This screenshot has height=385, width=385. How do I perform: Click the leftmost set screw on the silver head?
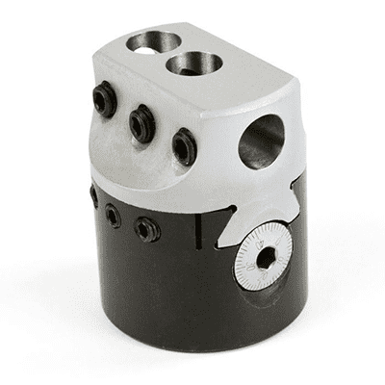103,100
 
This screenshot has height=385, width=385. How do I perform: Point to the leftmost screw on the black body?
93,195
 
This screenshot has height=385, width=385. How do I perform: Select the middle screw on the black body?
114,215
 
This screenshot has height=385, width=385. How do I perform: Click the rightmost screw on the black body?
145,229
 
